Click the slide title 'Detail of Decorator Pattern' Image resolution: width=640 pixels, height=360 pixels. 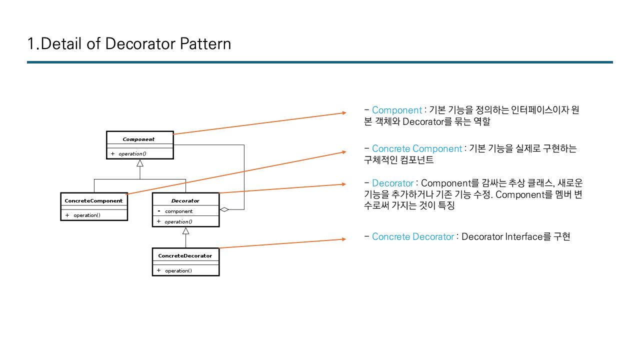[x=129, y=43]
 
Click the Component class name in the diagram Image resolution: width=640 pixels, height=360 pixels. [x=138, y=139]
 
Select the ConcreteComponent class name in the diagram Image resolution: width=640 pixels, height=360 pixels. [x=93, y=200]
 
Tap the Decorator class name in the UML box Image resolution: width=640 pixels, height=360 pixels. [x=185, y=200]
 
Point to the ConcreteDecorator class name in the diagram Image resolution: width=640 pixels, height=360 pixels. [x=185, y=255]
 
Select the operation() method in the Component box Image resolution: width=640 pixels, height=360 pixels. [x=132, y=153]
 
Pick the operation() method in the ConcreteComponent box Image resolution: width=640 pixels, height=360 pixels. [x=87, y=215]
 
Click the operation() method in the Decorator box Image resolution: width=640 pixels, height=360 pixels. [x=178, y=221]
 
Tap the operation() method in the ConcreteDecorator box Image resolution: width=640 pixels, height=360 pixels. [x=178, y=270]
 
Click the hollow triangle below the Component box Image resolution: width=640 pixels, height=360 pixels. [x=140, y=163]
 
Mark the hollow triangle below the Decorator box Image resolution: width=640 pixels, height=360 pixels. [x=185, y=230]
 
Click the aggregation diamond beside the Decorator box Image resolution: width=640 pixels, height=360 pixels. [x=224, y=209]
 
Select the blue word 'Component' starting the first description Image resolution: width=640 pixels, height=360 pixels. [x=397, y=110]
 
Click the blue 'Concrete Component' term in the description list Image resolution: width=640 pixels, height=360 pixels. [x=417, y=148]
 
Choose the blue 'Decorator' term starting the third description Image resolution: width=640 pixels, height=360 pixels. [x=392, y=183]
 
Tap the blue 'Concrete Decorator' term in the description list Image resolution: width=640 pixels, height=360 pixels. [x=413, y=236]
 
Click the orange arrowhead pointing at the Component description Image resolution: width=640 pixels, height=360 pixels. [x=343, y=113]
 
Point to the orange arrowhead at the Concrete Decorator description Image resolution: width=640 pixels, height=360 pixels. [x=343, y=239]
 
